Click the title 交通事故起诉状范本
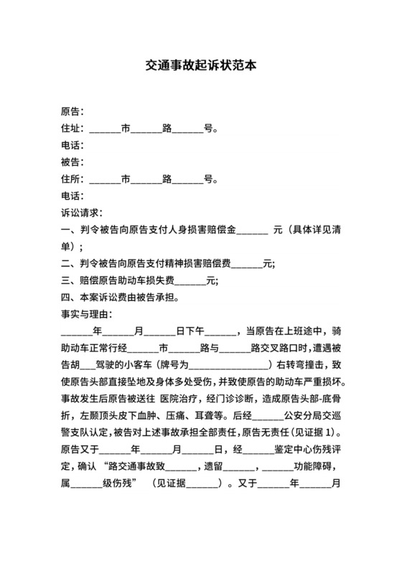tap(200, 65)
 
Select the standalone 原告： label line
tap(73, 112)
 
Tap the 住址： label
tap(73, 129)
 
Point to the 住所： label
tap(73, 180)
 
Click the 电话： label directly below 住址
tap(73, 146)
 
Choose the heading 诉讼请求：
tap(82, 213)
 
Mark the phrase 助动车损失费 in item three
tap(149, 280)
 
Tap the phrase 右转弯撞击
tap(302, 364)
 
